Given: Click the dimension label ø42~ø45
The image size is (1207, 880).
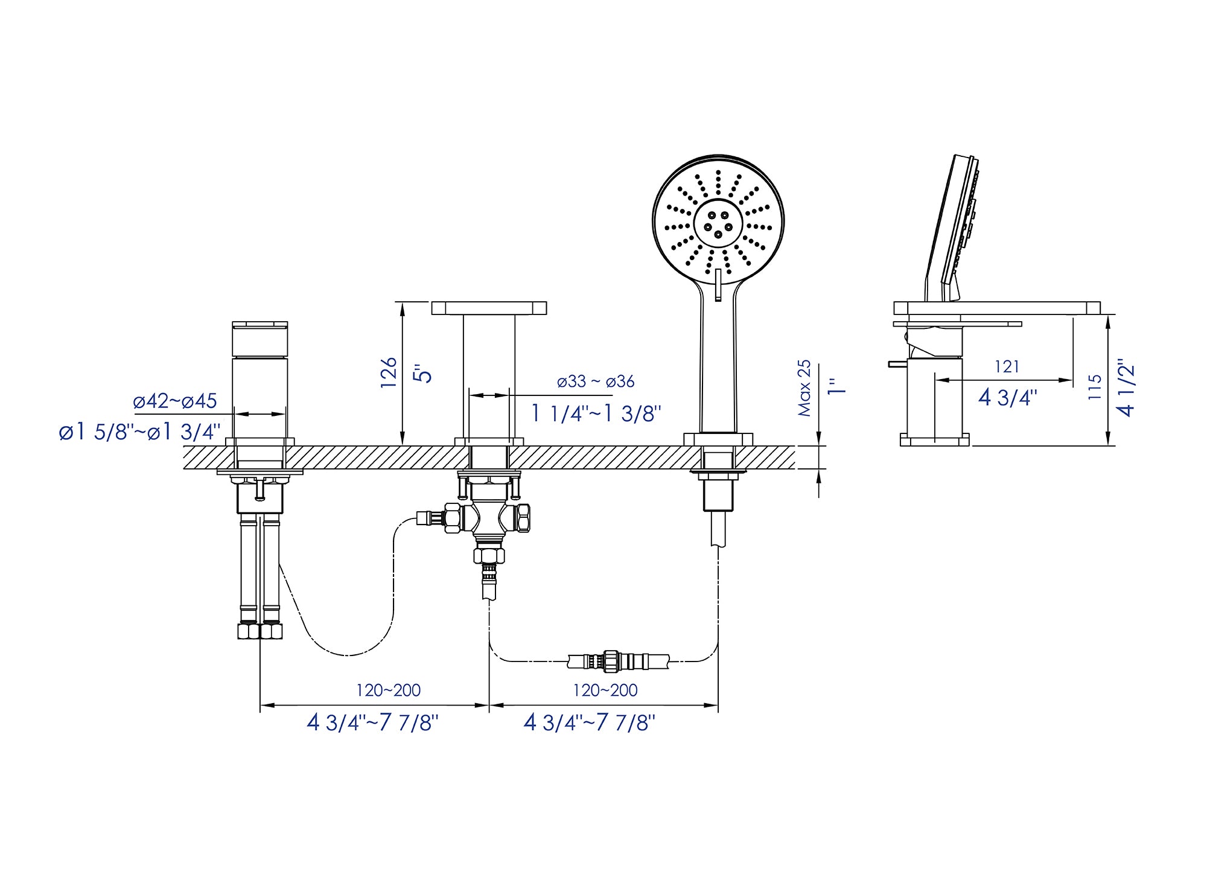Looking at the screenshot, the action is [175, 401].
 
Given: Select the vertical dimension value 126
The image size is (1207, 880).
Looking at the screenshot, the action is [389, 372].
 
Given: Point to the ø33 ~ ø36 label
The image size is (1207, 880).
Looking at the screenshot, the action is [596, 381].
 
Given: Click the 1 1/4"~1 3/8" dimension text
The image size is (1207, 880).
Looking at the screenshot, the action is [596, 413].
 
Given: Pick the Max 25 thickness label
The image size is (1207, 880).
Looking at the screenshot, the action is [804, 388].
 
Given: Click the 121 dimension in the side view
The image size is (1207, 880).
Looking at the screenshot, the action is [1007, 366].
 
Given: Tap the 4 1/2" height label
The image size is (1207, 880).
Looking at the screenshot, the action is [1126, 389].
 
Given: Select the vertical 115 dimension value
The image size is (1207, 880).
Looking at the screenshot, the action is [1095, 387].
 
